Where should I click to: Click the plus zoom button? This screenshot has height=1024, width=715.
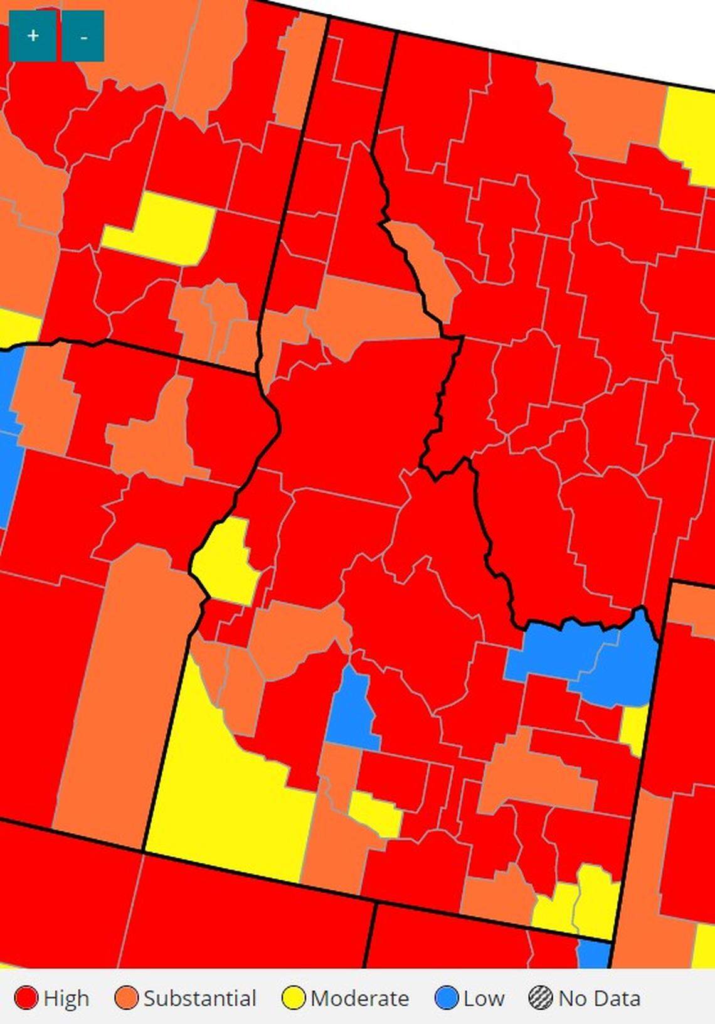point(33,36)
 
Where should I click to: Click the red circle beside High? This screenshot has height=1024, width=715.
point(26,998)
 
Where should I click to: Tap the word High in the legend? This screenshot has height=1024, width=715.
point(66,998)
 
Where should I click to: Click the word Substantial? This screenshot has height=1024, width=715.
point(199,998)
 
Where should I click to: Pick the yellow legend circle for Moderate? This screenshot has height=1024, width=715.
point(294,998)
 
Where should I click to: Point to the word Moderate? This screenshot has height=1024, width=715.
point(359,998)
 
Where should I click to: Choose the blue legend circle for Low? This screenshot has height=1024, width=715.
point(447,998)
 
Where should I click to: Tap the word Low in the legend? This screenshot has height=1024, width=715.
point(484,998)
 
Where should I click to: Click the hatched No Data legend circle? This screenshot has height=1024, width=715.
point(539,998)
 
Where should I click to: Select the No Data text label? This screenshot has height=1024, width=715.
point(599,998)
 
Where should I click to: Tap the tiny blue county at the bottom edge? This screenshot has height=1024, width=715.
point(593,954)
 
